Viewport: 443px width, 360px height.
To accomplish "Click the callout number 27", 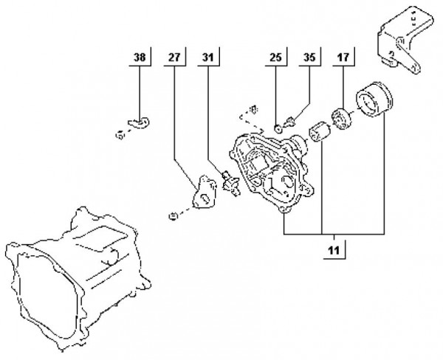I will coord(174,57).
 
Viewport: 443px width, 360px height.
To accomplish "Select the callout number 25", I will coord(276,57).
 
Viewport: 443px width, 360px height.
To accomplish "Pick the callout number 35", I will coord(309,57).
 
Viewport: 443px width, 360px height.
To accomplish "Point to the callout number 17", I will coord(343,57).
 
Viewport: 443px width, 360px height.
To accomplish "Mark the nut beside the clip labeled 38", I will coord(119,134).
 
